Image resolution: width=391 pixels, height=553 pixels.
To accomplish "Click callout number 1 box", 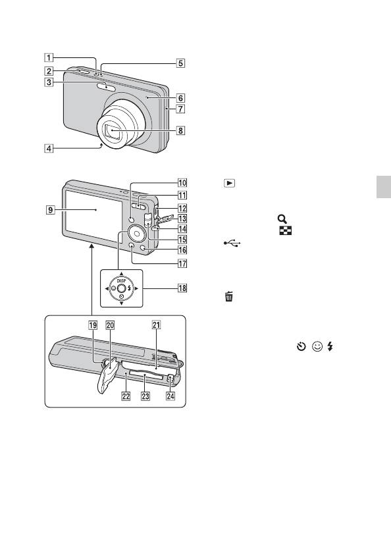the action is coord(49,57).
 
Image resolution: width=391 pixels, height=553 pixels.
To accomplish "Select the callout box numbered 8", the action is coord(180,130).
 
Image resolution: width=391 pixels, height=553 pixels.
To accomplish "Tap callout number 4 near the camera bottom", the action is coord(49,149).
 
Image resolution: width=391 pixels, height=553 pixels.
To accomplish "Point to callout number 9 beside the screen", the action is coord(51,210).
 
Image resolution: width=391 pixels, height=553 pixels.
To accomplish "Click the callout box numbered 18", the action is coord(182,288).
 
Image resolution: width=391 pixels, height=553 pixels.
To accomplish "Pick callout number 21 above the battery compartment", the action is coord(156,325).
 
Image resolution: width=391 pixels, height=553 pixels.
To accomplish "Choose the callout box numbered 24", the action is coord(170,396).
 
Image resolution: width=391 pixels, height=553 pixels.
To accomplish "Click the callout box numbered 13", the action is coord(182,219).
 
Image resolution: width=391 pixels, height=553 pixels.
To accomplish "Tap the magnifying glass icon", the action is coord(282,219).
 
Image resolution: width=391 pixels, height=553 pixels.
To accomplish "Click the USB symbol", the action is coord(232,243).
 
